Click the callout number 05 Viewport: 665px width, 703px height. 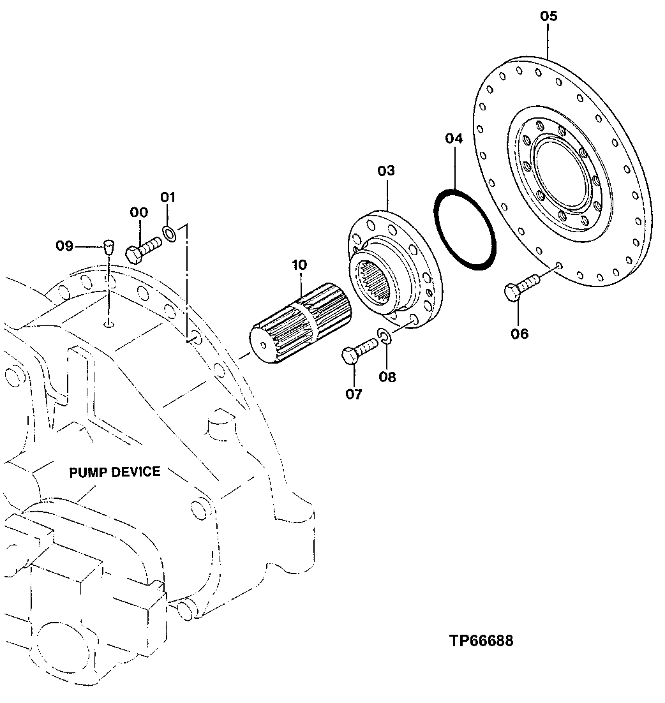coord(548,17)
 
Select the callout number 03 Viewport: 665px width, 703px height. coord(386,171)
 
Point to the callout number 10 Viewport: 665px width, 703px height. coord(299,264)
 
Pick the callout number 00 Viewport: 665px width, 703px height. coord(138,212)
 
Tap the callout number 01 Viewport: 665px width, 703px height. coord(167,197)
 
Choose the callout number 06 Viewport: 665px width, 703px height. coord(519,333)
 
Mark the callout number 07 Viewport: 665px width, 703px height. coord(354,394)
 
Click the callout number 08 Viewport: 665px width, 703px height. coord(387,377)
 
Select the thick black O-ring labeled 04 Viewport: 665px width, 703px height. coord(465,228)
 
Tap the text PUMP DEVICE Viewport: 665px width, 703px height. coord(115,472)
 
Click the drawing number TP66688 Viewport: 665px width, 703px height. coord(480,640)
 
